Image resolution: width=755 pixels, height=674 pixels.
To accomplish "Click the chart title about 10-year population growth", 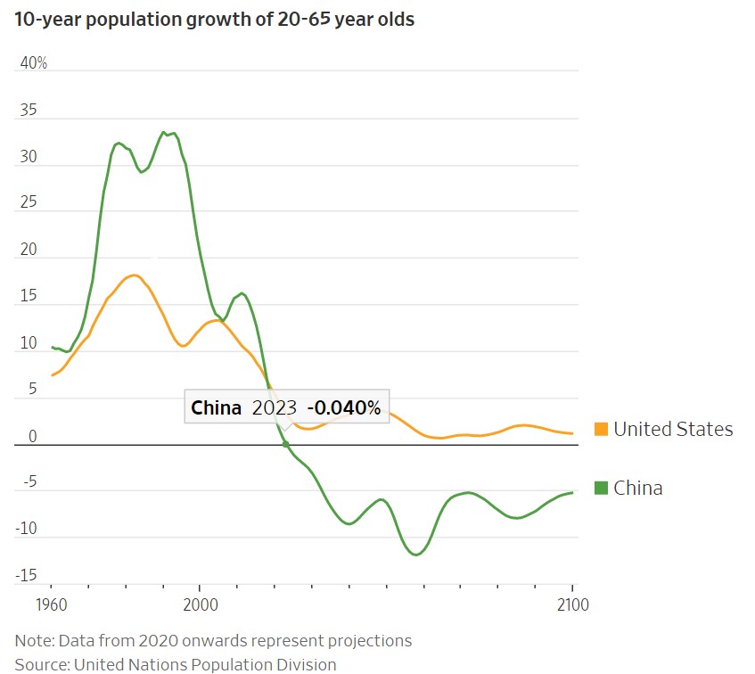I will click(214, 19).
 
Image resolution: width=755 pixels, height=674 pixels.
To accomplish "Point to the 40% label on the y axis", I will click(34, 63).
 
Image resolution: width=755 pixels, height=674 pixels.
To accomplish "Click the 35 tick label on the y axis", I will click(29, 111).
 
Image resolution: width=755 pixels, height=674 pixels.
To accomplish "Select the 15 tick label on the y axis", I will click(29, 297).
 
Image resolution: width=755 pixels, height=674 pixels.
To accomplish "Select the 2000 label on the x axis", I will click(199, 604).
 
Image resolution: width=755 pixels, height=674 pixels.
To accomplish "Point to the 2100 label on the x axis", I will click(571, 604).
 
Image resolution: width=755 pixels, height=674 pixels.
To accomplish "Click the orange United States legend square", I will click(601, 430).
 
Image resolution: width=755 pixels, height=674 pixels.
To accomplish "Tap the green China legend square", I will click(601, 488).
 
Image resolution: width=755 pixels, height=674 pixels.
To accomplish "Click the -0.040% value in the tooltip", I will click(344, 408).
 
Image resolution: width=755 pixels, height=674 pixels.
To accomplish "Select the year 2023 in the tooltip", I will click(274, 408).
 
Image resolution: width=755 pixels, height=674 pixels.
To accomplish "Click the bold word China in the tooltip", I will click(217, 408).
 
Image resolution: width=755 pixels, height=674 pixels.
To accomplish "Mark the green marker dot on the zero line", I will click(285, 443).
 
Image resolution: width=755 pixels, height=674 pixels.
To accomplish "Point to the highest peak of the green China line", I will click(163, 132).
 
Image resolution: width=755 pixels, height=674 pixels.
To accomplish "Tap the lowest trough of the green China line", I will click(415, 555).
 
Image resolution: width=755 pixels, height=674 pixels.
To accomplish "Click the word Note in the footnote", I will click(32, 640).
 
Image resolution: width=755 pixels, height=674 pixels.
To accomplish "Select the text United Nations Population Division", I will click(205, 664).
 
